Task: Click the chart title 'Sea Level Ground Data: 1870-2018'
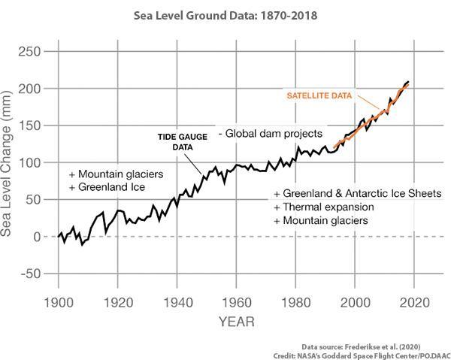click(225, 14)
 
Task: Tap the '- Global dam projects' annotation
click(271, 133)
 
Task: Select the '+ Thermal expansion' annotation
click(324, 207)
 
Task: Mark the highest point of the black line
click(408, 81)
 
